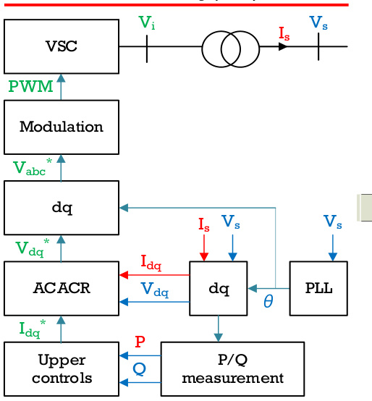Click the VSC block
tap(62, 46)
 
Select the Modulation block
tap(62, 127)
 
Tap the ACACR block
tap(62, 288)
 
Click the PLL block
tap(318, 288)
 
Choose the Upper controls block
tap(62, 369)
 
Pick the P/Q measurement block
tap(232, 369)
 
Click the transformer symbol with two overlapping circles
tap(231, 49)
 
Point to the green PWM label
tap(30, 86)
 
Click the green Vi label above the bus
tap(147, 22)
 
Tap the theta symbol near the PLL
tap(269, 301)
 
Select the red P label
tap(140, 342)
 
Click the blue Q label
tap(140, 369)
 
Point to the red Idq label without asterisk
tap(151, 263)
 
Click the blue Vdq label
tap(155, 290)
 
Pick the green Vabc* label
tap(33, 167)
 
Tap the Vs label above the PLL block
tap(332, 222)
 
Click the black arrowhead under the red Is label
tap(283, 46)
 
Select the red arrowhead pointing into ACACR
tap(124, 275)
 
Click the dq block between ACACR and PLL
tap(219, 288)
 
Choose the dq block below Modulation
tap(62, 208)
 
